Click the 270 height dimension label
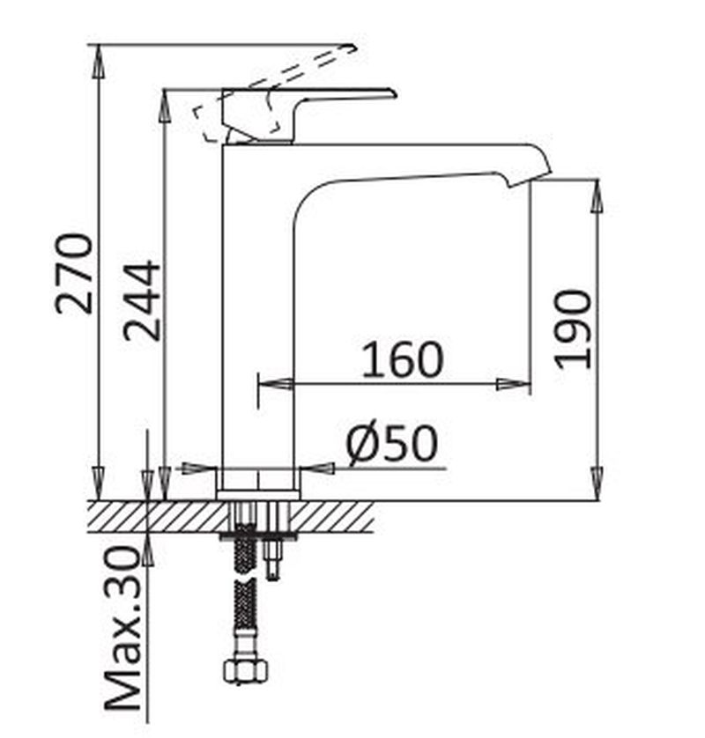(74, 274)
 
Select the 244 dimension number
(142, 300)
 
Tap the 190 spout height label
(572, 329)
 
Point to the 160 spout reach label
(403, 360)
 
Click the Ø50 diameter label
(392, 443)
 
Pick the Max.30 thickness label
(122, 628)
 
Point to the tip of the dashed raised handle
(352, 47)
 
